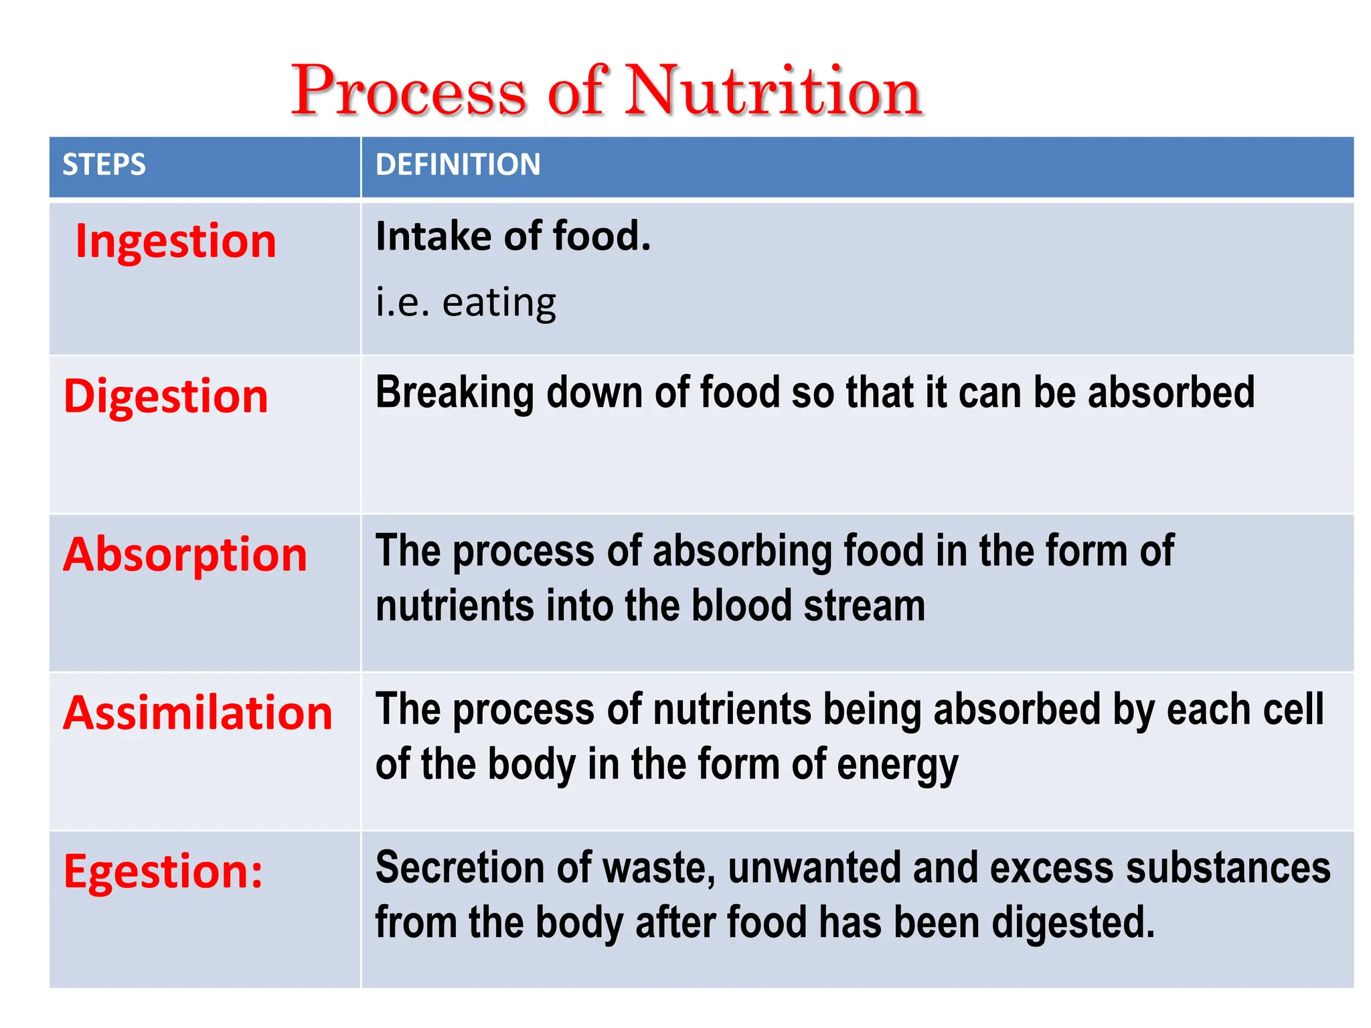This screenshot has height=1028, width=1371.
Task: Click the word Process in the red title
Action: click(409, 91)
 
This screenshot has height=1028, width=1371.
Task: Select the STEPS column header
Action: click(104, 165)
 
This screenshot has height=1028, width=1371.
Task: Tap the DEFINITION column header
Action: click(458, 165)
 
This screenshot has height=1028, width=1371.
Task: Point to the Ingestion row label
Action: click(175, 241)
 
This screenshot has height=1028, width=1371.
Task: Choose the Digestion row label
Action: click(166, 396)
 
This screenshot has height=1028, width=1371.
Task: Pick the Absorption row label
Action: click(185, 555)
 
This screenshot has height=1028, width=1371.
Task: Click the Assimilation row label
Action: click(197, 713)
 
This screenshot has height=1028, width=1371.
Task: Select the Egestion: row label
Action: click(163, 871)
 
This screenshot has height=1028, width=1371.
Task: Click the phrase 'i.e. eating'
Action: click(466, 303)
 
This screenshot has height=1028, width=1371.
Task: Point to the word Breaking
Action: click(455, 393)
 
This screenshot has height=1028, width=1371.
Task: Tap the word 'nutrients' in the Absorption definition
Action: click(455, 606)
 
